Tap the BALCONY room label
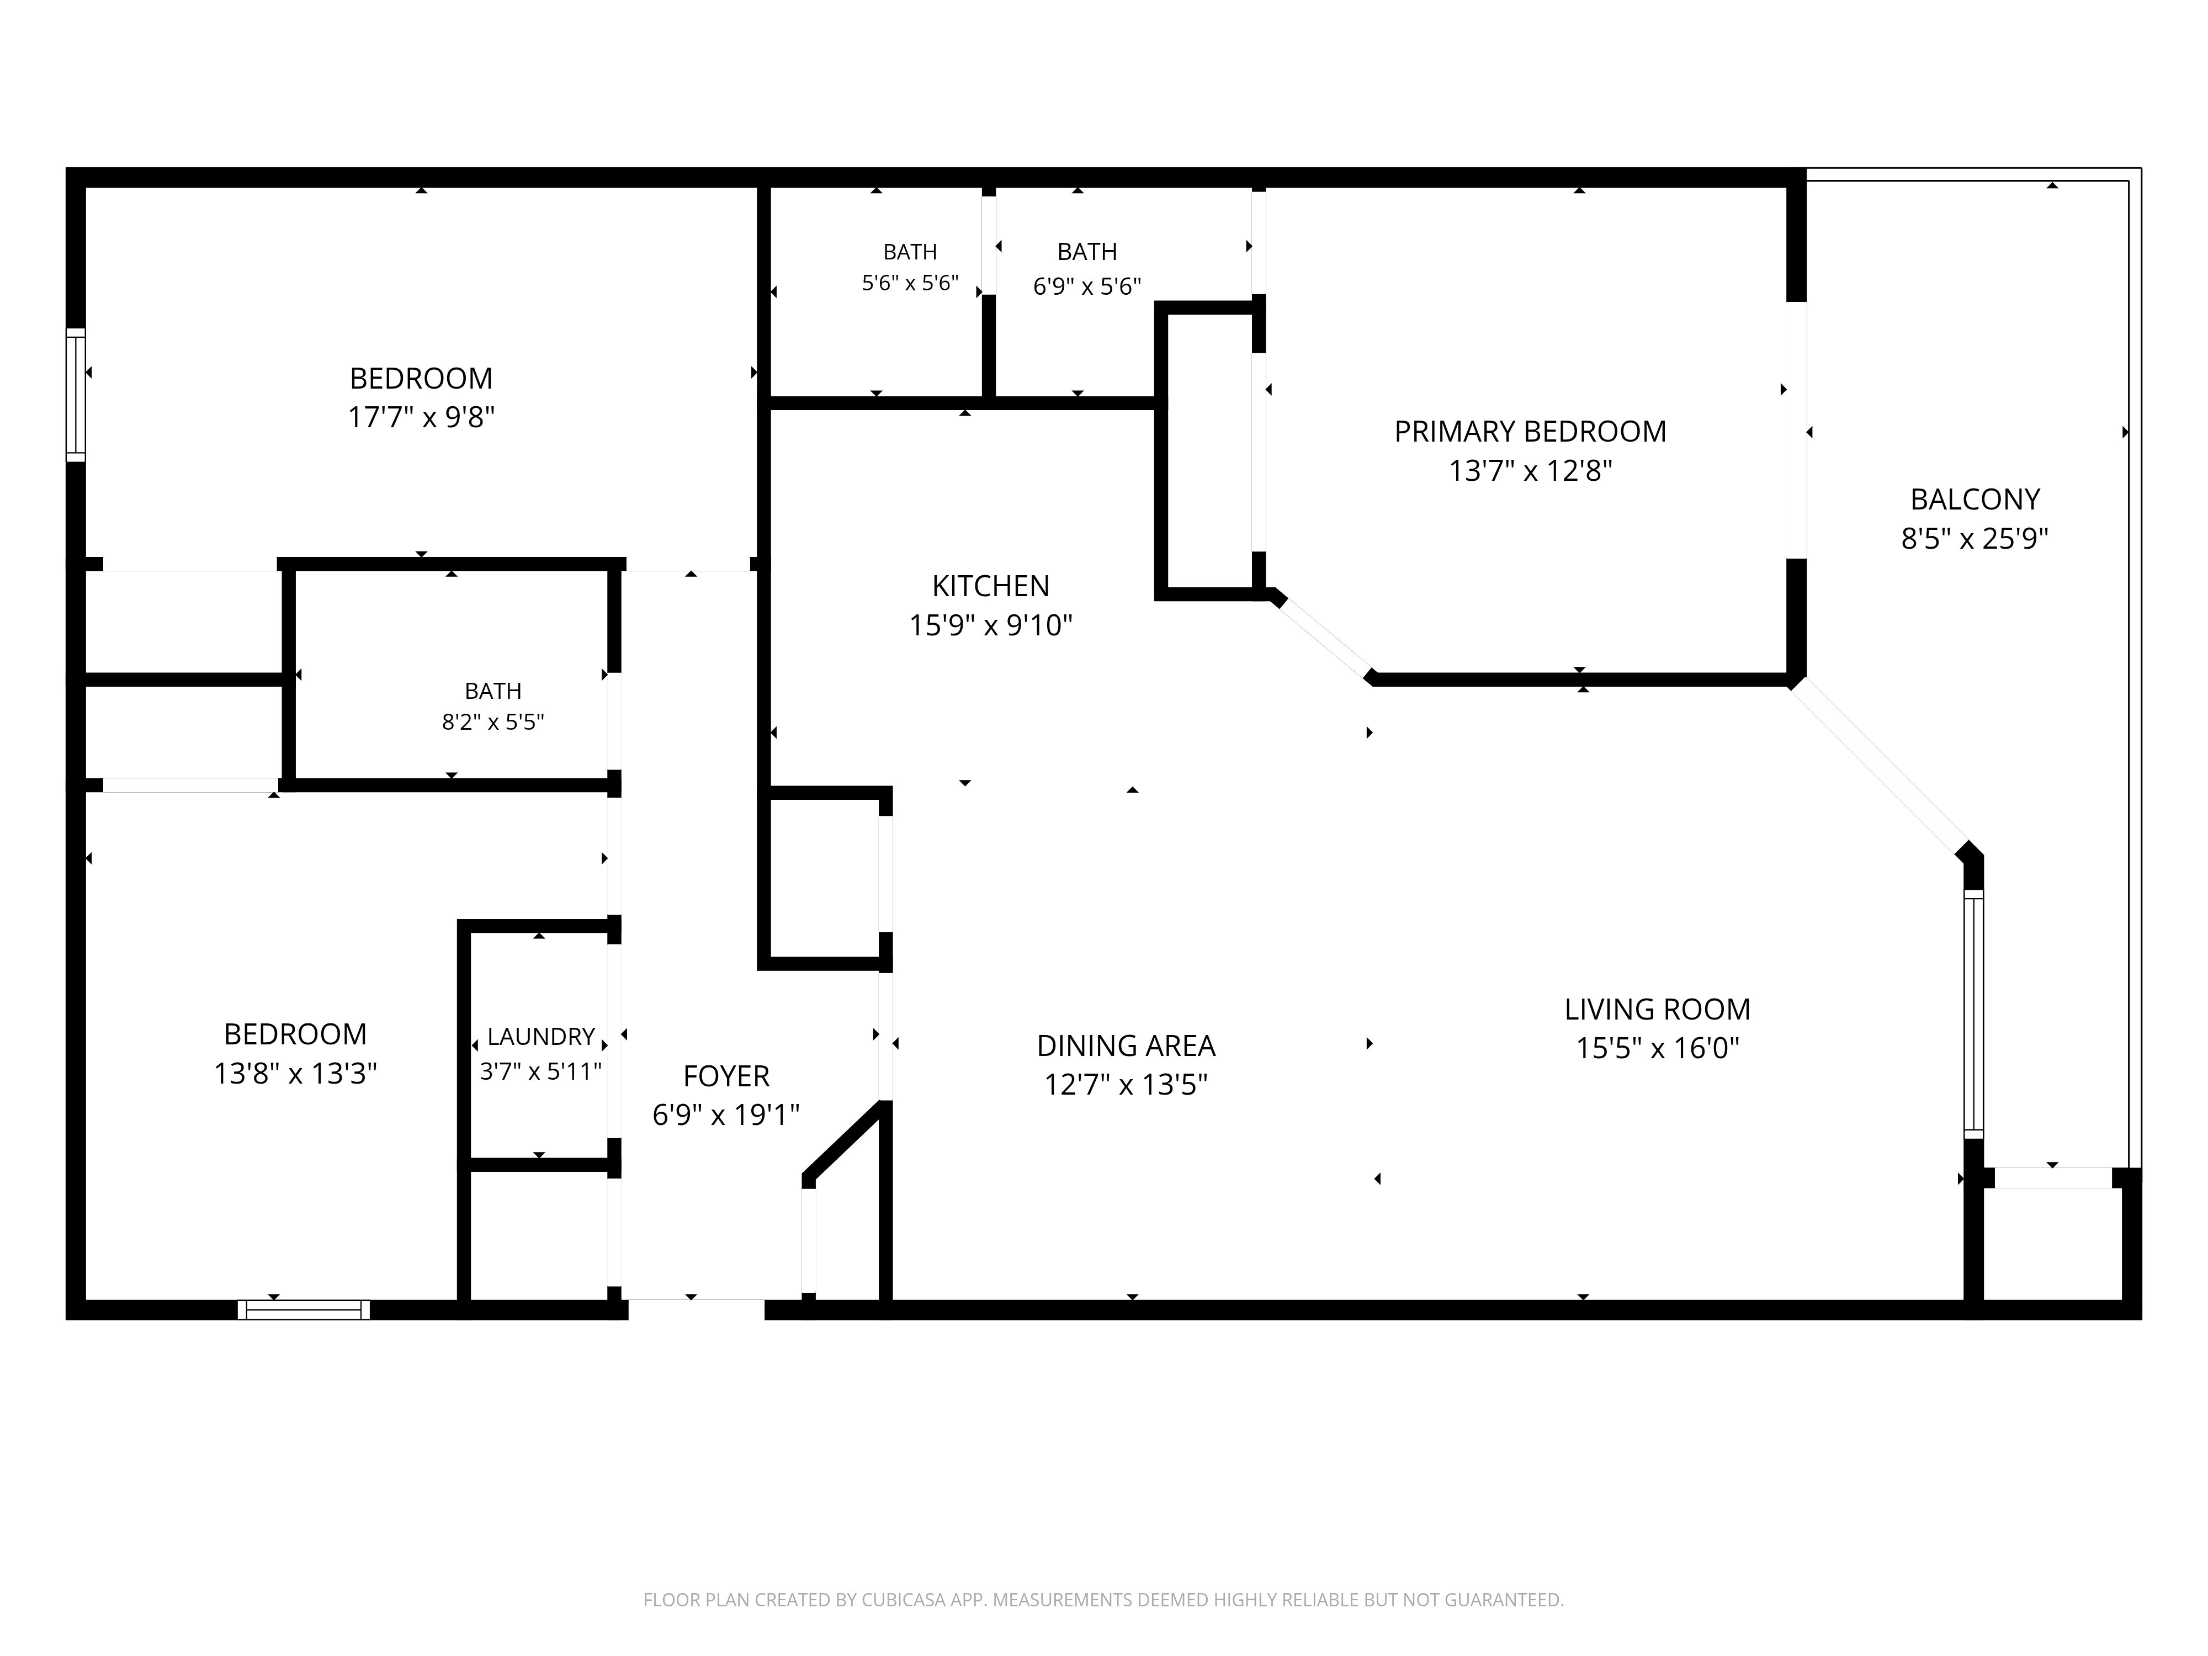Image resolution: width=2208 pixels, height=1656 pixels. (x=1975, y=499)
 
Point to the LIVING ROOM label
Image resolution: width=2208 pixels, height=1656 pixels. (x=1657, y=1009)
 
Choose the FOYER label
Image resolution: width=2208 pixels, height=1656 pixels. (x=726, y=1076)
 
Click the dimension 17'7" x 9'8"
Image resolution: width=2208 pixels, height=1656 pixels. (x=421, y=417)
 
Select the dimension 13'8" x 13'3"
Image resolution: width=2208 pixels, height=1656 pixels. (x=295, y=1073)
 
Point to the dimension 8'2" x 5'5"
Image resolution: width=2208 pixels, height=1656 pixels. (x=493, y=721)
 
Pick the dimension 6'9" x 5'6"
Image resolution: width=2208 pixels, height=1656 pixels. (x=1087, y=286)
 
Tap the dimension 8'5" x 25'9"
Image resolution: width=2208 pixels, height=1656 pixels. (x=1975, y=539)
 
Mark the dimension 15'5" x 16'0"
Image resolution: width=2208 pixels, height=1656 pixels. (x=1657, y=1048)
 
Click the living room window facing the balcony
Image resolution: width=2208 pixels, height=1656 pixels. (x=1973, y=1013)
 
